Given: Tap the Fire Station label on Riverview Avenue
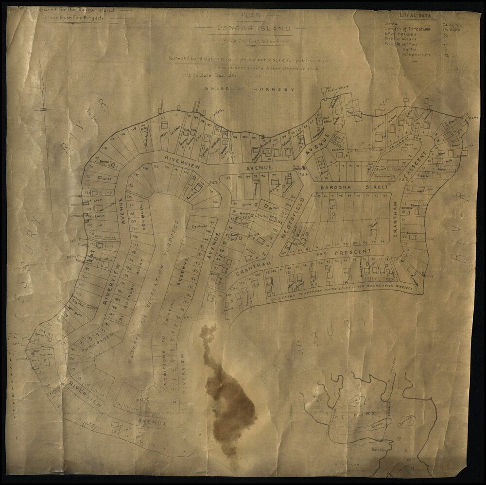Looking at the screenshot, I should point(295,168).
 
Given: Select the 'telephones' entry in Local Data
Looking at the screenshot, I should point(417,55).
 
